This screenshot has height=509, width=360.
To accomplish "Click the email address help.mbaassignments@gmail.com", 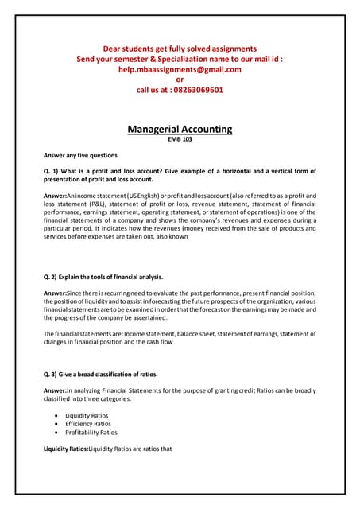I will point(180,69).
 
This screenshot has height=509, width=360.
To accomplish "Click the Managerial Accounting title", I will point(180,129).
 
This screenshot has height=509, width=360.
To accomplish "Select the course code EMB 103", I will point(180,139).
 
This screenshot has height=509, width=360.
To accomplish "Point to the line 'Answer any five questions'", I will point(80,155).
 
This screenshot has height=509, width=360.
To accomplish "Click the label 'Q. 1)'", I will point(53,171).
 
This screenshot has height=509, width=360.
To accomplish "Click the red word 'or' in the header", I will point(180,80).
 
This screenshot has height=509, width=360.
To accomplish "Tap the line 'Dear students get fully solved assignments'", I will point(180,49).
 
